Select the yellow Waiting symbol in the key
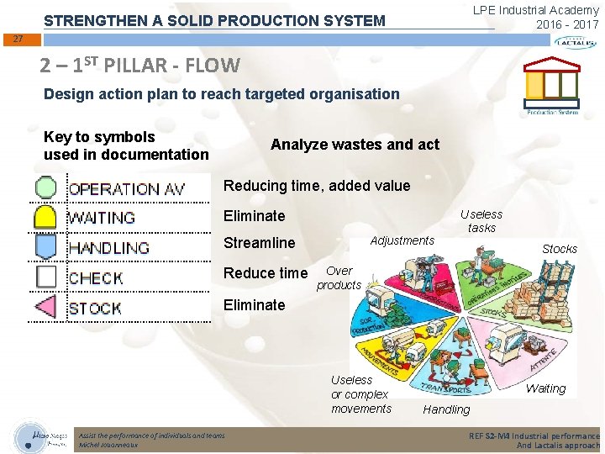(x=45, y=217)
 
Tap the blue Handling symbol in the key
(x=45, y=246)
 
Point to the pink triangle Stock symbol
(x=45, y=307)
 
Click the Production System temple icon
(x=551, y=87)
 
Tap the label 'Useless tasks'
(x=481, y=221)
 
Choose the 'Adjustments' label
(x=402, y=240)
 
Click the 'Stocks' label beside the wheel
(x=559, y=249)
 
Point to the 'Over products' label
(x=339, y=278)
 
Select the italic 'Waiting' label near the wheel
(x=545, y=388)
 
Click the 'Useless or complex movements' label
(x=360, y=394)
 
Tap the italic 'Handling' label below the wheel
(x=446, y=409)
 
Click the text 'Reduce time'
(x=266, y=273)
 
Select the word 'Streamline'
(x=259, y=243)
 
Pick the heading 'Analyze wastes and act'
(x=355, y=145)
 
